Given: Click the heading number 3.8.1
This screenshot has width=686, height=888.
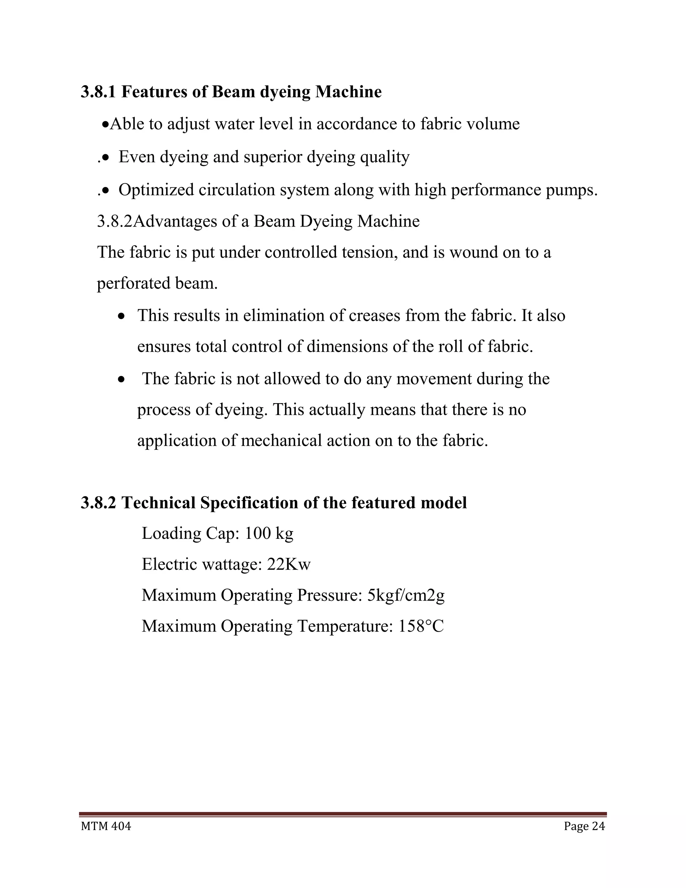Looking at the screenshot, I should pyautogui.click(x=98, y=92).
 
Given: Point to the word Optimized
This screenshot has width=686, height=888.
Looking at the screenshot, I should pyautogui.click(x=156, y=190).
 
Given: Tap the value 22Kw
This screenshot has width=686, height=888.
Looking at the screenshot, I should pyautogui.click(x=288, y=564).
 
